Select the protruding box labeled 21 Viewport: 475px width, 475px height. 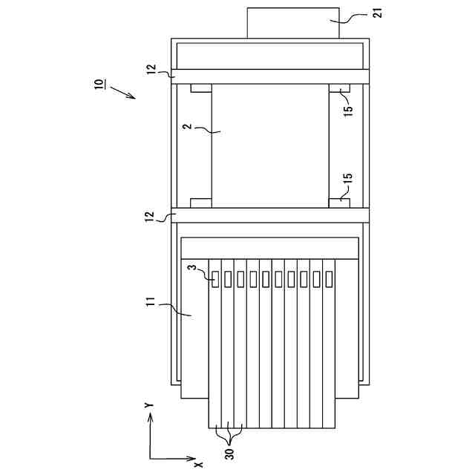pos(292,24)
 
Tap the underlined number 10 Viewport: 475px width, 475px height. pos(100,83)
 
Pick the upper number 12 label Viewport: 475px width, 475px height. pos(151,71)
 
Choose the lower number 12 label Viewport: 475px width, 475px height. pos(151,215)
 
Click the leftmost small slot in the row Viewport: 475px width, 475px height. pos(216,280)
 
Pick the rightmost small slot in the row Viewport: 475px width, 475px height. pos(328,280)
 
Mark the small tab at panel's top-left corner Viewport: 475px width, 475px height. pos(201,88)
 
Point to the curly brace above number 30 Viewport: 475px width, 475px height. pos(228,434)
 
